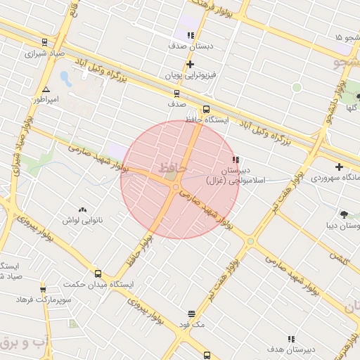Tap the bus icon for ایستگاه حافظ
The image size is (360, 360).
click(206, 109)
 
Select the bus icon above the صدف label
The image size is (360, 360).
click(176, 92)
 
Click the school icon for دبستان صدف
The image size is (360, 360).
click(190, 34)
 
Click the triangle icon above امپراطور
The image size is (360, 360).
click(46, 90)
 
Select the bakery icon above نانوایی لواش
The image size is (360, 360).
click(83, 210)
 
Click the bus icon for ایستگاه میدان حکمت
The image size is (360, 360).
click(97, 274)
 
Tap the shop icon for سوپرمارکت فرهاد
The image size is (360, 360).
click(43, 289)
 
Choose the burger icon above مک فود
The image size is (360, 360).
click(191, 314)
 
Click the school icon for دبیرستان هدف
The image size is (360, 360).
click(292, 338)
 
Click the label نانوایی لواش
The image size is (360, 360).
click(83, 220)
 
